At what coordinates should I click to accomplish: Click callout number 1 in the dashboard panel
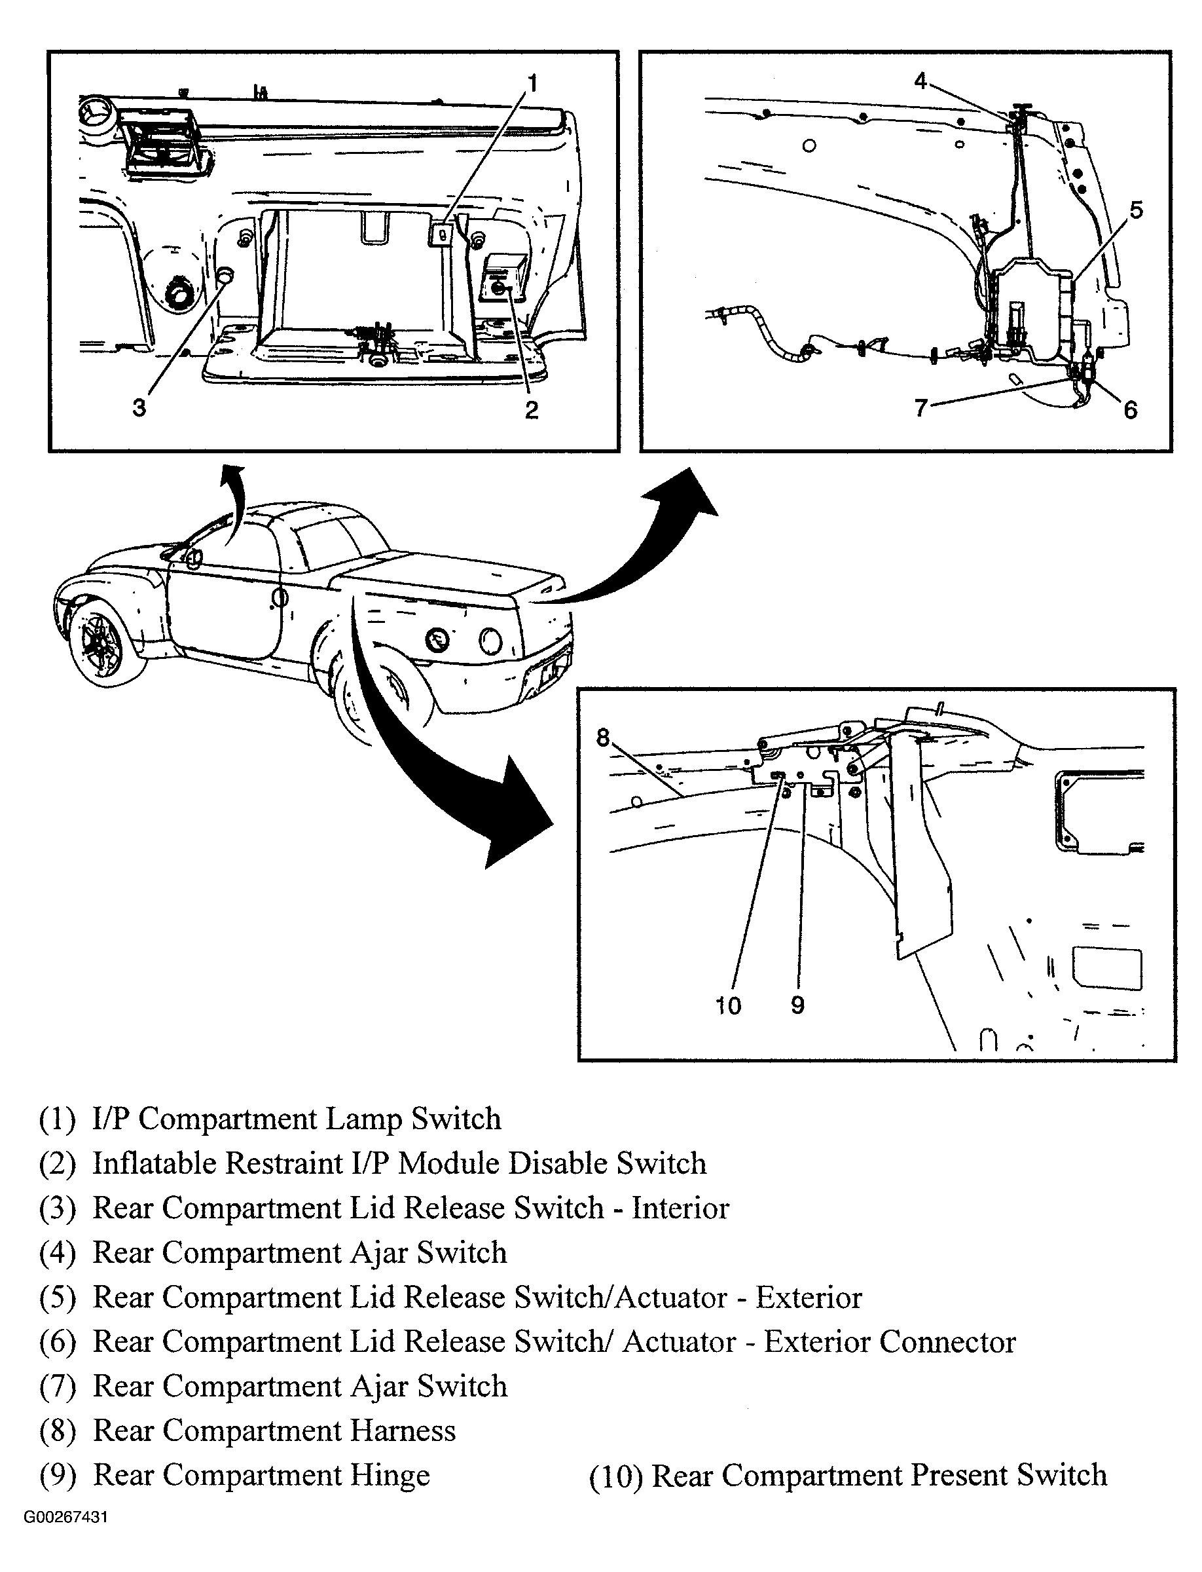(x=532, y=84)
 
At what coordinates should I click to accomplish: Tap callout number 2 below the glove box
(x=531, y=409)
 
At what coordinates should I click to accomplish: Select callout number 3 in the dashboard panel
(x=139, y=408)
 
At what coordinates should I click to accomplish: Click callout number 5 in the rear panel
(x=1136, y=210)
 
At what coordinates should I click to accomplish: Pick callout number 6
(x=1131, y=409)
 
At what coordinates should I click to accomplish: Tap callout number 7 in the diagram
(x=921, y=408)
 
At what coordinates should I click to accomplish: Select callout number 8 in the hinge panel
(x=602, y=738)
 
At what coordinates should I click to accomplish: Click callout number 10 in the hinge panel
(x=729, y=1006)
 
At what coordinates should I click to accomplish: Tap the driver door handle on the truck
(x=280, y=596)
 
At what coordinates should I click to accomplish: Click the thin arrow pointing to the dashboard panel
(x=234, y=501)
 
